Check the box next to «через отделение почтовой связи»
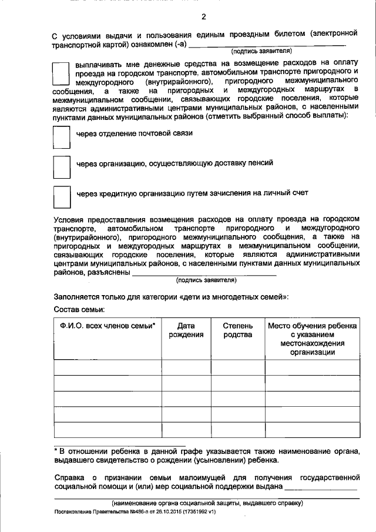tap(61, 138)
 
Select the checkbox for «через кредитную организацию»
tap(61, 197)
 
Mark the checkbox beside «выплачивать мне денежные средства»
tap(61, 74)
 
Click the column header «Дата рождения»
tap(186, 330)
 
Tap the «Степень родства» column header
tap(237, 330)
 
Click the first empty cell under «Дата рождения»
tap(186, 367)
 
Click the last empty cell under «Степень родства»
tap(237, 430)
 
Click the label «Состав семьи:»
tap(79, 309)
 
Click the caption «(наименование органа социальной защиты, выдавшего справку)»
tap(207, 503)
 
